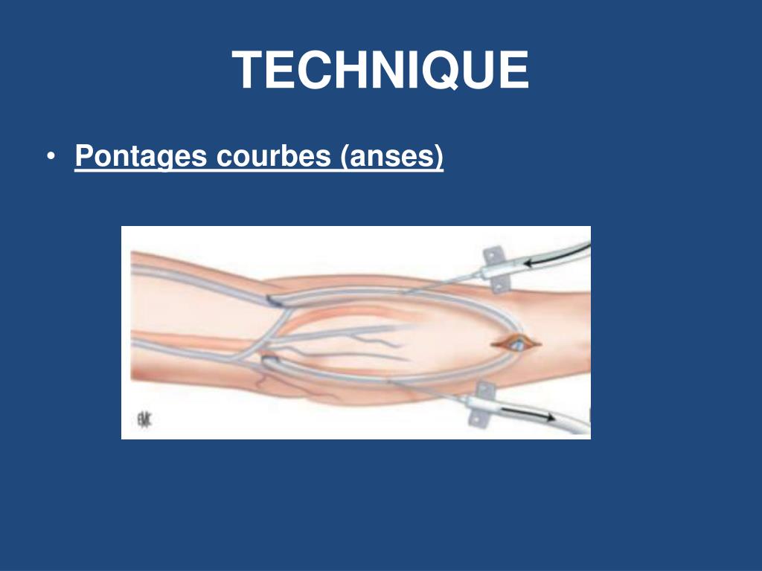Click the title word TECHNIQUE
[380, 71]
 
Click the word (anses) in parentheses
[392, 156]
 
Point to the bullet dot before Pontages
[50, 158]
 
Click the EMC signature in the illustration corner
[143, 421]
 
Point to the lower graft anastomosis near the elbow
[269, 359]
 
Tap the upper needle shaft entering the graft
[446, 284]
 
